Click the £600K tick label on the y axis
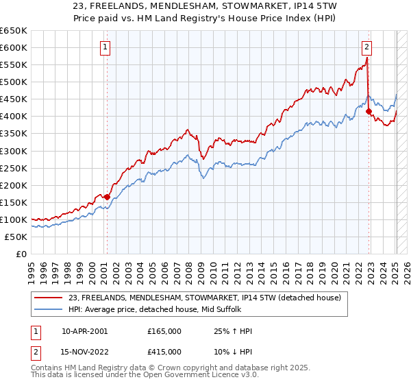pyautogui.click(x=14, y=47)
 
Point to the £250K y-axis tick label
pyautogui.click(x=14, y=168)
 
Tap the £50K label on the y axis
pyautogui.click(x=16, y=237)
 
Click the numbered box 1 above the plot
pyautogui.click(x=105, y=47)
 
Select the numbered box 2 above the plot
pyautogui.click(x=367, y=47)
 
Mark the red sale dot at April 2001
pyautogui.click(x=107, y=197)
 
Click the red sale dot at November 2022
pyautogui.click(x=369, y=111)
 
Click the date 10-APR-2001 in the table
pyautogui.click(x=85, y=331)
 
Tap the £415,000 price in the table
pyautogui.click(x=164, y=351)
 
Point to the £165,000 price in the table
pyautogui.click(x=164, y=331)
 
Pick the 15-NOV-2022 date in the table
pyautogui.click(x=86, y=351)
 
